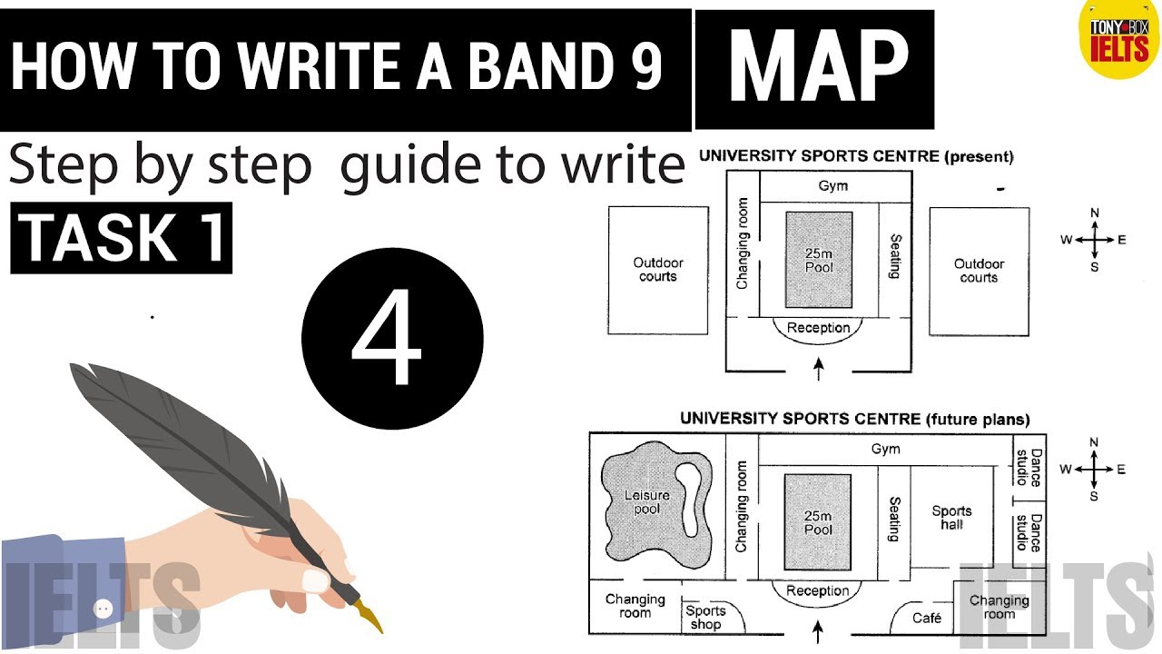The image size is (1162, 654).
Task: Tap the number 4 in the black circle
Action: (387, 337)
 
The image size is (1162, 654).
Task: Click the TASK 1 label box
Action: (122, 238)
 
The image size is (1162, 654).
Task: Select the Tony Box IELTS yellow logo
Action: (1119, 39)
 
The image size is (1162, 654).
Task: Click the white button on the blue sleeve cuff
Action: (103, 609)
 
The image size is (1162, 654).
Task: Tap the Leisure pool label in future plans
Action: (647, 502)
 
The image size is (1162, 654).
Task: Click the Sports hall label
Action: (951, 518)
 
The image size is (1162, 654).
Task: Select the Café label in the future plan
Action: (927, 618)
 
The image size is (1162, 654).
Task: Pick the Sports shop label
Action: (705, 617)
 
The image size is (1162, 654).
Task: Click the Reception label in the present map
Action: (818, 328)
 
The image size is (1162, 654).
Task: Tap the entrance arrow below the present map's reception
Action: (819, 369)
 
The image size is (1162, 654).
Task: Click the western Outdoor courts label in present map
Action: (658, 270)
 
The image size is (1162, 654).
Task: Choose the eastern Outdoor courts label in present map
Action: (979, 271)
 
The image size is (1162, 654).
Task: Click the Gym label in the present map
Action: (833, 186)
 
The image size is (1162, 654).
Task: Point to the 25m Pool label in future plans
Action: (818, 522)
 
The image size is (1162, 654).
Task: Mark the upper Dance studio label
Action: (1029, 468)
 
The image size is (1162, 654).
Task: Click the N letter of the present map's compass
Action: (1095, 213)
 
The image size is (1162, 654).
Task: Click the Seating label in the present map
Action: (895, 256)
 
